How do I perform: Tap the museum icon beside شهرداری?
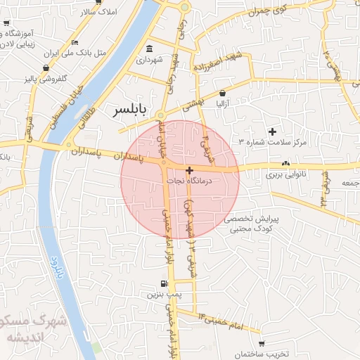tap(149, 49)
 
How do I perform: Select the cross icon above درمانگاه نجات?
tap(189, 170)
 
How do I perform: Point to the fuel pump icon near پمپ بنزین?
tap(163, 285)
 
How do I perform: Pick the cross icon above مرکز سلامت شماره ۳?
tap(273, 131)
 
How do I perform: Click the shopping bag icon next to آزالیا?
tap(223, 93)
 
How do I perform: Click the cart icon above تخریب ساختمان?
tap(262, 344)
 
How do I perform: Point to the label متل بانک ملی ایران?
tap(64, 53)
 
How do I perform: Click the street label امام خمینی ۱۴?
tap(221, 319)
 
